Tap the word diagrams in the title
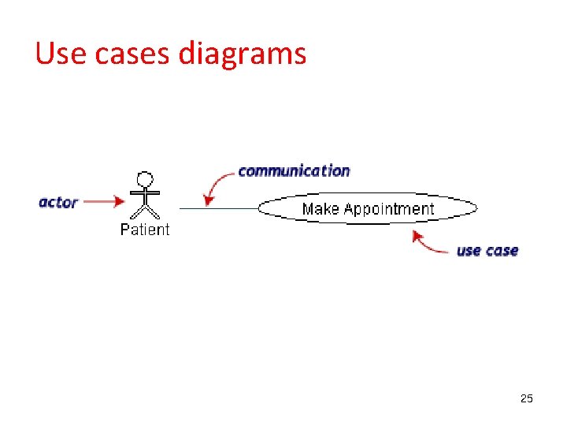coord(242,54)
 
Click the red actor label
coord(58,202)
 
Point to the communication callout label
coord(294,170)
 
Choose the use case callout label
coord(487,251)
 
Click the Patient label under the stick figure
coord(145,230)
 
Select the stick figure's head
coord(145,179)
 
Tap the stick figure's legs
coord(145,211)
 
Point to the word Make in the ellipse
coord(320,209)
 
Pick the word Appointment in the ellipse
coord(389,209)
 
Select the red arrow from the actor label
coord(102,202)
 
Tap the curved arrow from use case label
coord(429,245)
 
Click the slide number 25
coord(527,399)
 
